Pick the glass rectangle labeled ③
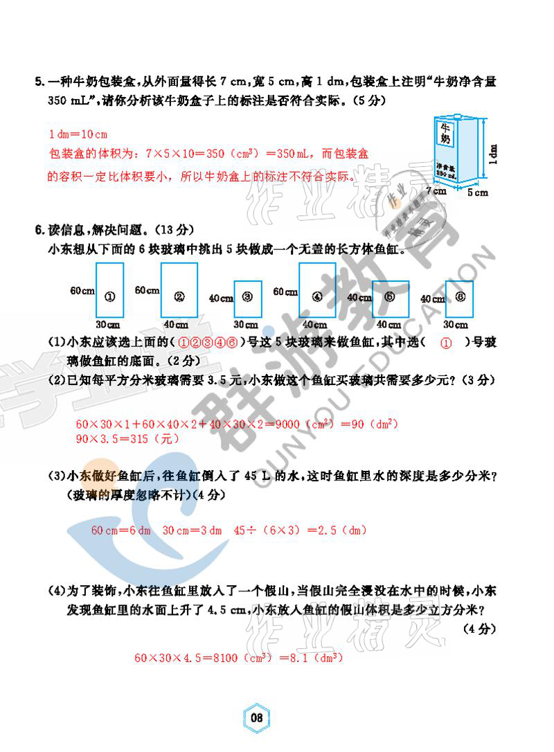[248, 298]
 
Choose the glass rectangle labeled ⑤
[389, 298]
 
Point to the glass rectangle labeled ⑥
[459, 298]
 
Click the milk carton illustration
[452, 151]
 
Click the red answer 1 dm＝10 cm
[77, 134]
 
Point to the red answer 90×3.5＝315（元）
[117, 438]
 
